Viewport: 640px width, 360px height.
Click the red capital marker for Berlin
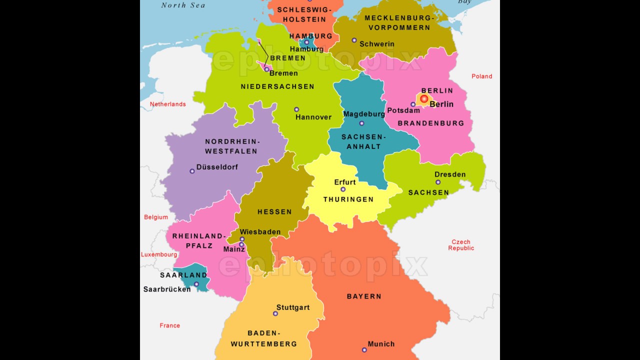click(424, 99)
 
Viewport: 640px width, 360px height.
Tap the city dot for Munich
click(364, 350)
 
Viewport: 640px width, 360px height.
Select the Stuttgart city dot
click(275, 313)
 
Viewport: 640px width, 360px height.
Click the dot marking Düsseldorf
click(192, 171)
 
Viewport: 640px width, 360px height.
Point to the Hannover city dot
click(296, 109)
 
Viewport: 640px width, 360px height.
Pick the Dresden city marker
click(438, 182)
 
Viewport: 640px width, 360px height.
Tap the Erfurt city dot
click(343, 189)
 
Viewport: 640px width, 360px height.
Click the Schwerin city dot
click(354, 40)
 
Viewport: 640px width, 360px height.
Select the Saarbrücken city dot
click(196, 284)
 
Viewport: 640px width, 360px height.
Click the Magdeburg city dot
click(361, 123)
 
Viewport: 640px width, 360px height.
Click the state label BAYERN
click(364, 296)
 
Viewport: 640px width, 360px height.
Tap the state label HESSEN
click(274, 212)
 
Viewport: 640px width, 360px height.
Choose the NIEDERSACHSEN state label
click(277, 86)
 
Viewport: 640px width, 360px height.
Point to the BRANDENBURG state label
click(431, 123)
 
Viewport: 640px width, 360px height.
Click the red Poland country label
click(481, 76)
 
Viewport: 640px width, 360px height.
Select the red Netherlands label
click(167, 104)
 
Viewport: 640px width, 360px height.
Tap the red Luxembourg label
click(159, 254)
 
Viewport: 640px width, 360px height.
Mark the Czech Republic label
click(461, 245)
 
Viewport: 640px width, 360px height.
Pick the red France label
click(169, 325)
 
